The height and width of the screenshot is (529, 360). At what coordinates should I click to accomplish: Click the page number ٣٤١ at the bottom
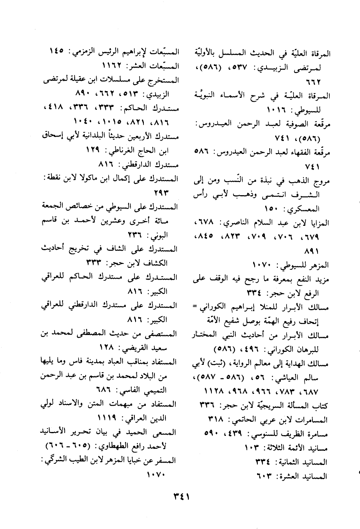tap(181, 496)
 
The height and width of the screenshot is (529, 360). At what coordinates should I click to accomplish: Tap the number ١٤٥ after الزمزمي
tap(59, 51)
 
